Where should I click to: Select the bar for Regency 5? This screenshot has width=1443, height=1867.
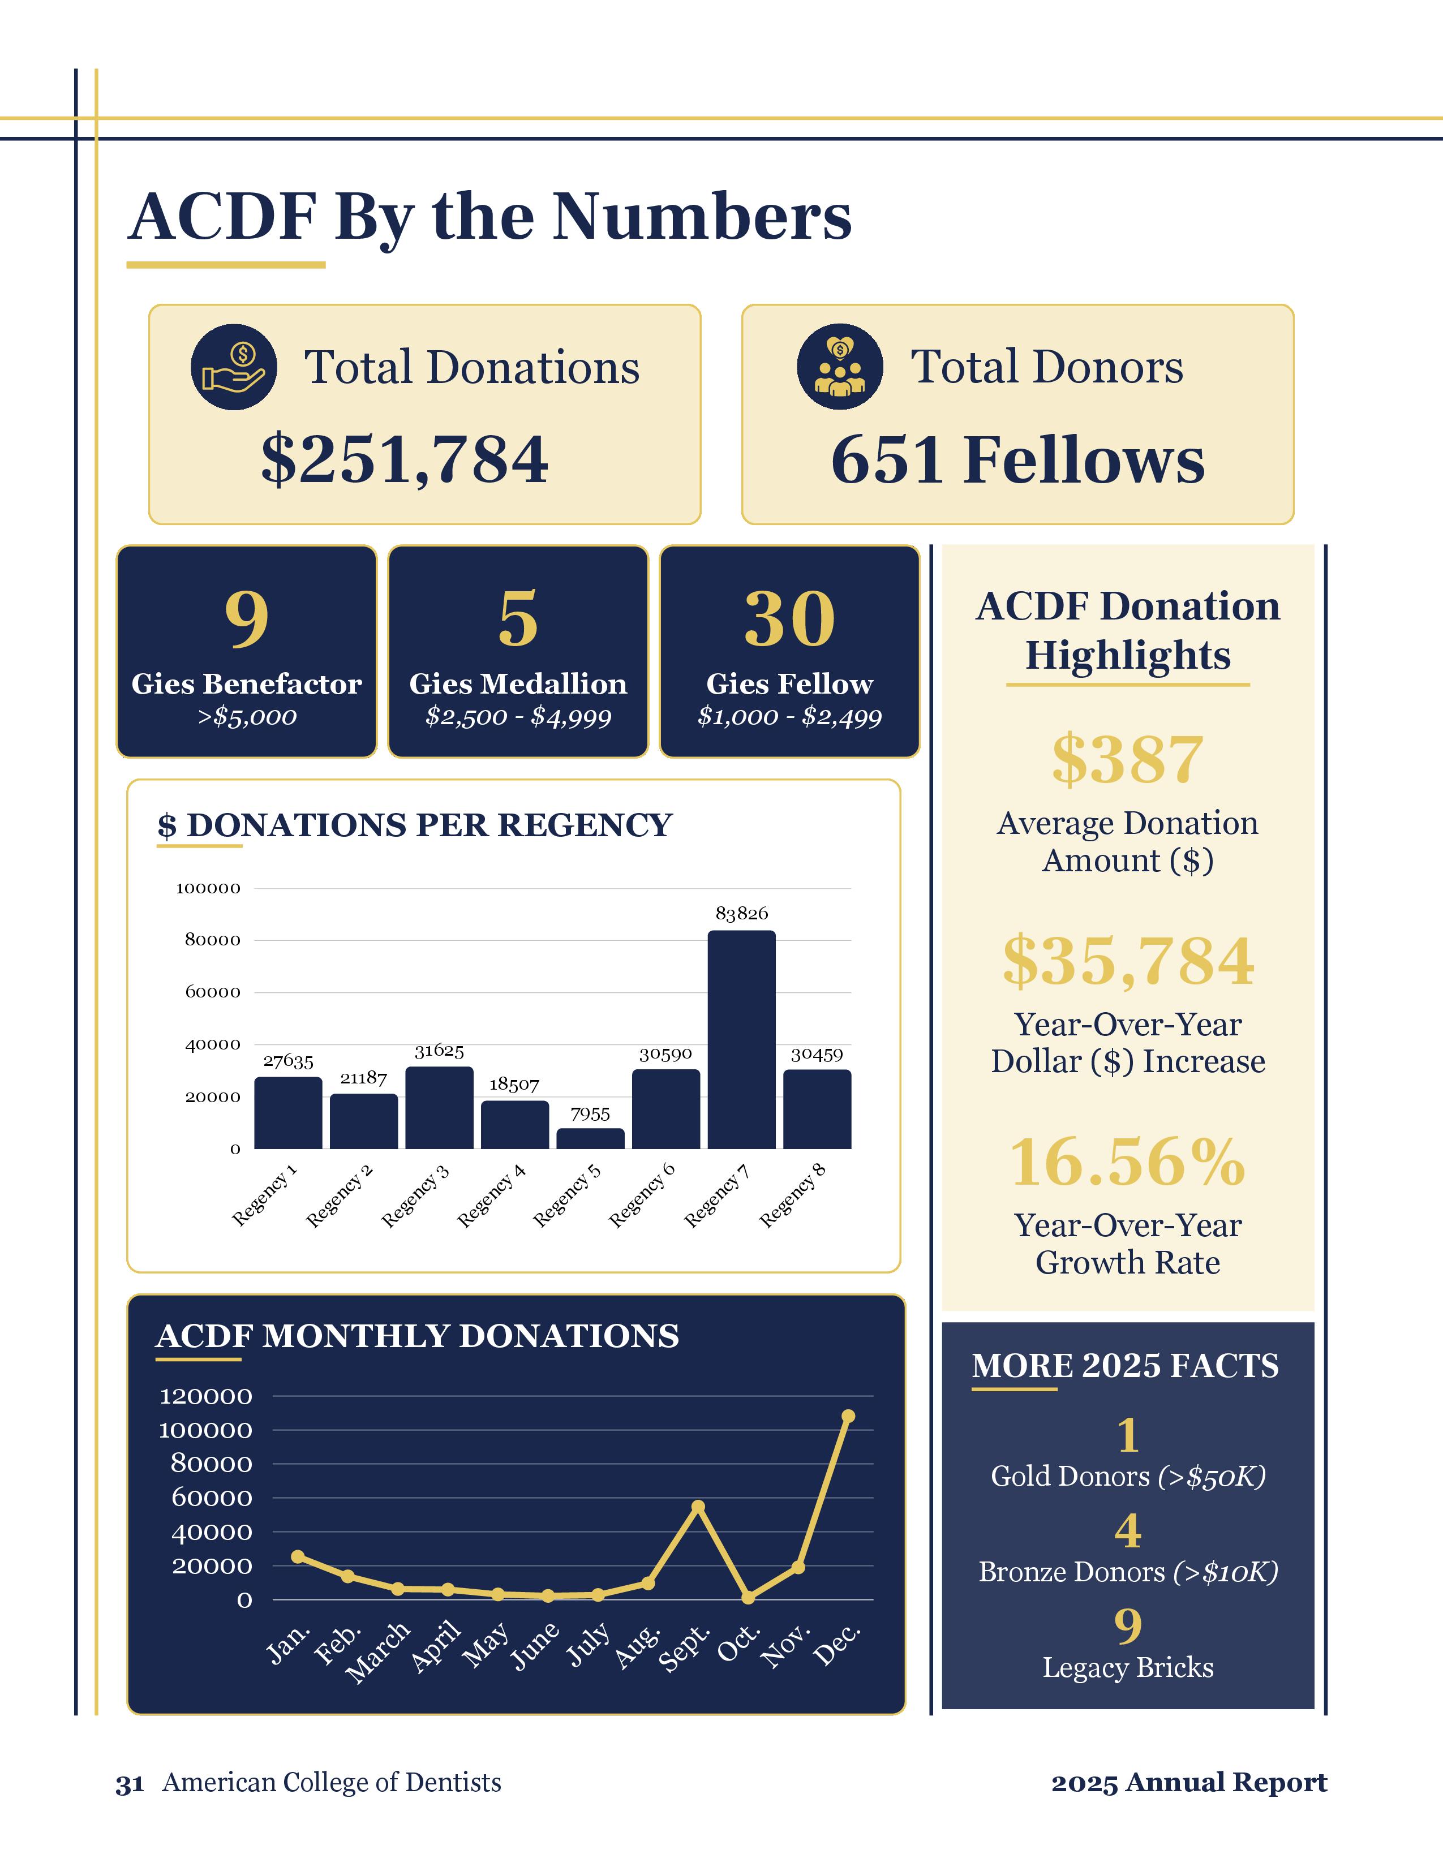(590, 1139)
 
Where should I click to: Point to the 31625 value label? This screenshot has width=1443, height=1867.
(439, 1051)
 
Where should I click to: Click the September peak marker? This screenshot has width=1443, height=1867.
(698, 1506)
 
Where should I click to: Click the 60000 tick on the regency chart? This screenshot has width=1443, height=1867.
(213, 992)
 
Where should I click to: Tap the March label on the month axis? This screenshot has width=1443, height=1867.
(379, 1653)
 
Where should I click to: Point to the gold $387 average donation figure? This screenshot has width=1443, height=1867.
(1128, 759)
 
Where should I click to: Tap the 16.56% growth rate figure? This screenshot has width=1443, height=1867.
(1128, 1163)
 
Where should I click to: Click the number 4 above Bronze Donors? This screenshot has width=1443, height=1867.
(1128, 1531)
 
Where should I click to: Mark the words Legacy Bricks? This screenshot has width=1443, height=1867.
(1128, 1667)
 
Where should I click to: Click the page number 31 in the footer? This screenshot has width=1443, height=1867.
(129, 1783)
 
